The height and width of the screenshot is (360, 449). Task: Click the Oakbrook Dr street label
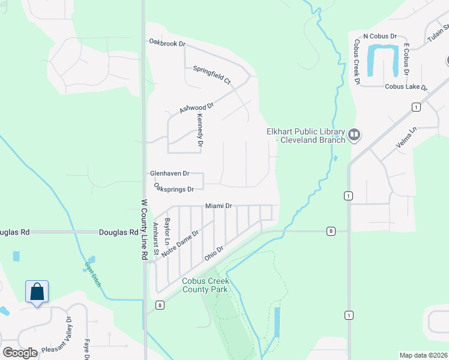(x=167, y=43)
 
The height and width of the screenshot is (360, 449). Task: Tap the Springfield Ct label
(x=212, y=74)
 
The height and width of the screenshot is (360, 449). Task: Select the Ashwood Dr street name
(x=196, y=107)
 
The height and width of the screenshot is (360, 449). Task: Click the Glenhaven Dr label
(x=169, y=173)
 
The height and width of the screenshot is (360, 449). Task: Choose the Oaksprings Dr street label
(x=173, y=189)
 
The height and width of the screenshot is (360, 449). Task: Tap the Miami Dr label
(x=218, y=206)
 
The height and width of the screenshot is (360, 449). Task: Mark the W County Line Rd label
(x=144, y=229)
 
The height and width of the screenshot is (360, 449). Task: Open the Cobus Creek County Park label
(x=206, y=285)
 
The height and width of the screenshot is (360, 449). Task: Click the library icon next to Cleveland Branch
(x=354, y=135)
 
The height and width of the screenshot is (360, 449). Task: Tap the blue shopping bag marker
(x=37, y=292)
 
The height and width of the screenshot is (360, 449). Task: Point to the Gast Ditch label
(x=92, y=274)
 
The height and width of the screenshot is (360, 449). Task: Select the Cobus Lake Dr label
(x=406, y=87)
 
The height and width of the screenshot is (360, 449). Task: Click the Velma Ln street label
(x=406, y=142)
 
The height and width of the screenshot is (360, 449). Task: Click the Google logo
(x=20, y=353)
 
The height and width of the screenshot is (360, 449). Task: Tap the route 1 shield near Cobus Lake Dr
(x=415, y=107)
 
